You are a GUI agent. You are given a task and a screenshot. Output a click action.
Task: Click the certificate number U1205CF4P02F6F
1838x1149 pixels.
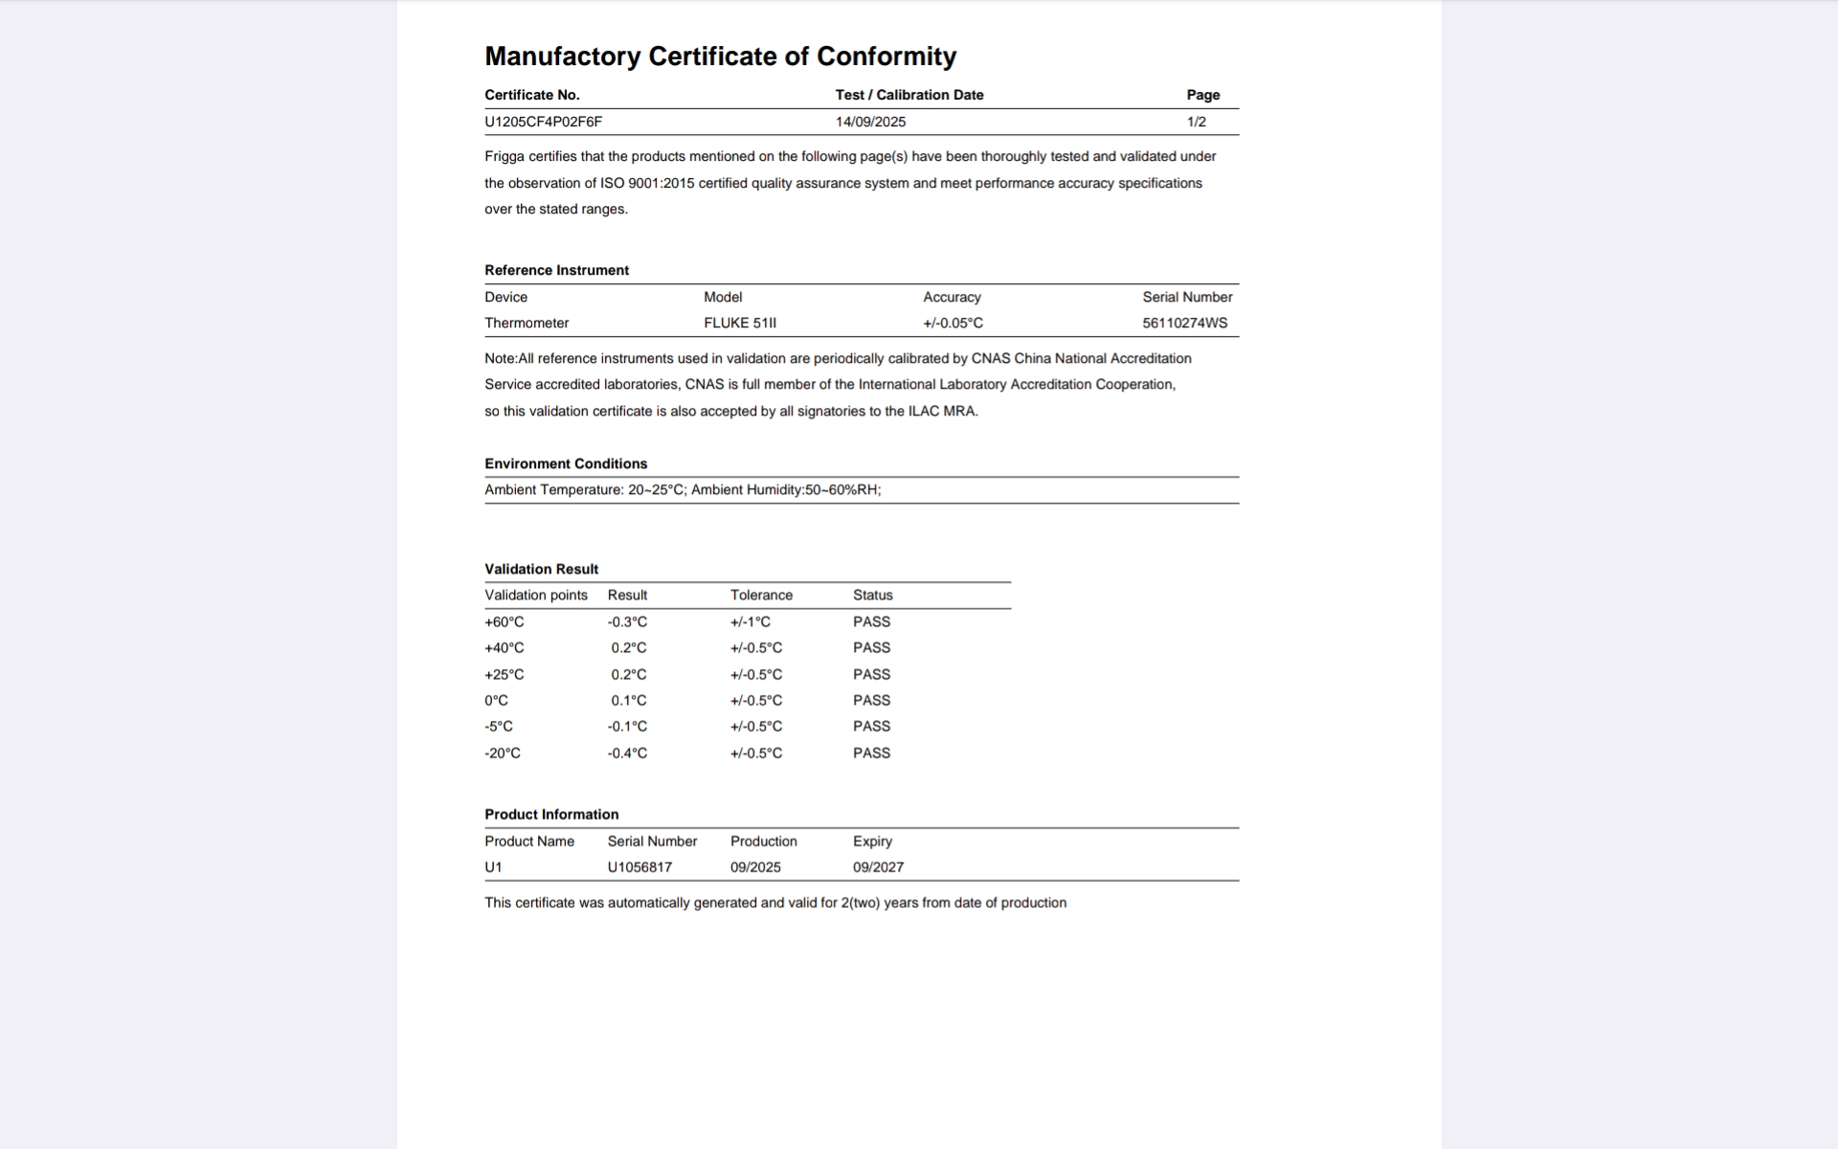click(x=543, y=122)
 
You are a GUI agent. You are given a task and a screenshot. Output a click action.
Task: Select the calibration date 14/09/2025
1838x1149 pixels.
click(x=870, y=122)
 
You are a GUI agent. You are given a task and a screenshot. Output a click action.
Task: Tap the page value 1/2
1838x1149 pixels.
click(x=1196, y=122)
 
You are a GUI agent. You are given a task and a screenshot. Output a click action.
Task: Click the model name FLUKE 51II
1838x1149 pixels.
click(x=740, y=323)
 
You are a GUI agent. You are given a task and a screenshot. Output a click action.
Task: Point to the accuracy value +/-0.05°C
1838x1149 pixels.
click(x=953, y=323)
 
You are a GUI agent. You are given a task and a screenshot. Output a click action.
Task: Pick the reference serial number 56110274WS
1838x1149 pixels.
click(x=1184, y=323)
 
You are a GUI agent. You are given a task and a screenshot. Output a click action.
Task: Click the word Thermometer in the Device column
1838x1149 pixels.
click(x=527, y=323)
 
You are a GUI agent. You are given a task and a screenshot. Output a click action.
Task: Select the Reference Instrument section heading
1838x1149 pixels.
click(x=556, y=270)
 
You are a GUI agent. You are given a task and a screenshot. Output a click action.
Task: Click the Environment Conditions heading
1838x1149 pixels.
click(x=566, y=463)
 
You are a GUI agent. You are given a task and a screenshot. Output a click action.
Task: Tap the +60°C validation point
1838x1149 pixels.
click(x=504, y=621)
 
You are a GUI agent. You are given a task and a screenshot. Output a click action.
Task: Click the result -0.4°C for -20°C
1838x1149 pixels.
click(x=627, y=753)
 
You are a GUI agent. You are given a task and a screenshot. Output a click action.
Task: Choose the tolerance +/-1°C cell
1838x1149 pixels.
click(x=750, y=621)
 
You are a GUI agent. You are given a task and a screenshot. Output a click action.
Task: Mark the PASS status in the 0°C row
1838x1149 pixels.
click(x=871, y=700)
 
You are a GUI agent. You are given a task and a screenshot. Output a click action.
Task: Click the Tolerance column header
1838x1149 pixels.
click(x=761, y=595)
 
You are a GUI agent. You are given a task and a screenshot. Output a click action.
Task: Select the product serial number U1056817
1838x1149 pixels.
click(x=639, y=867)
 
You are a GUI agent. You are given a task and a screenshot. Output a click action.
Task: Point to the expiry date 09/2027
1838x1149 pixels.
click(x=878, y=867)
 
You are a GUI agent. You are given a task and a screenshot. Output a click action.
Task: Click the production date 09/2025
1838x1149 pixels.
click(x=755, y=867)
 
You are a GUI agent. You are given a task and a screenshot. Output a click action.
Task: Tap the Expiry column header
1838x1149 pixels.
click(x=872, y=841)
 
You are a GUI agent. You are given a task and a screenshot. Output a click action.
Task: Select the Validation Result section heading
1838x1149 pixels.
click(x=541, y=569)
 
